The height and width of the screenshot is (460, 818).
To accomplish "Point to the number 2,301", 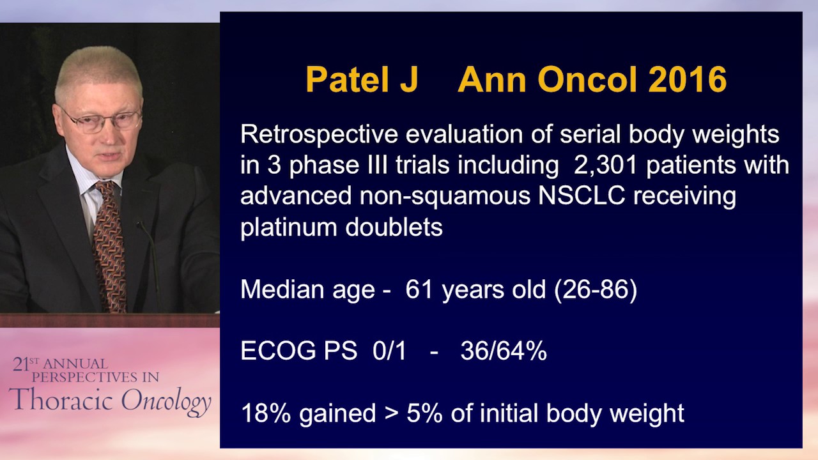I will (x=603, y=165).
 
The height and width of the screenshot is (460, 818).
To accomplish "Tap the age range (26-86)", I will (x=596, y=289).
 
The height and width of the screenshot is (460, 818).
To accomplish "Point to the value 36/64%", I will (x=503, y=351).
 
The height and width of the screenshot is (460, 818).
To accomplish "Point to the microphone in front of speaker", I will (x=148, y=256).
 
